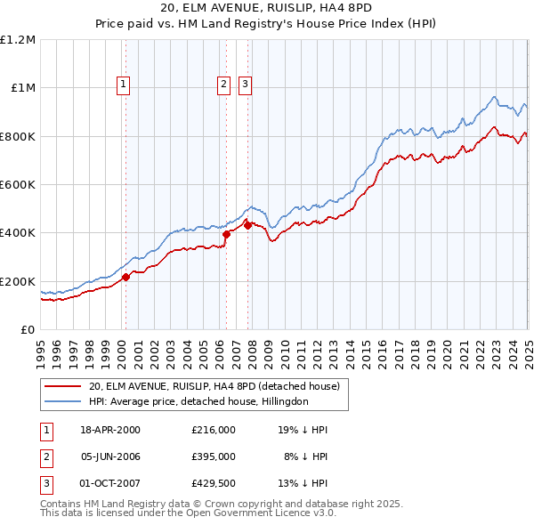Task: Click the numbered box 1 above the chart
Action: pos(123,85)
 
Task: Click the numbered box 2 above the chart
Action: pos(222,85)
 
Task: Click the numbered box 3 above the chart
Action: pos(245,85)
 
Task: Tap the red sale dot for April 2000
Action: pos(125,277)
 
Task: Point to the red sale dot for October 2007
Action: pos(247,225)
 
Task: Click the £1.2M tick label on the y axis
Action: pos(18,39)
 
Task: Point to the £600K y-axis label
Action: pos(18,184)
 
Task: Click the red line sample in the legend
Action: pos(62,387)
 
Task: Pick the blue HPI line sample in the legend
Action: pos(62,401)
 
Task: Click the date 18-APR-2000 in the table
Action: pos(110,430)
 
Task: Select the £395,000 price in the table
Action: pos(214,456)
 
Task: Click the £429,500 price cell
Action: pos(214,483)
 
